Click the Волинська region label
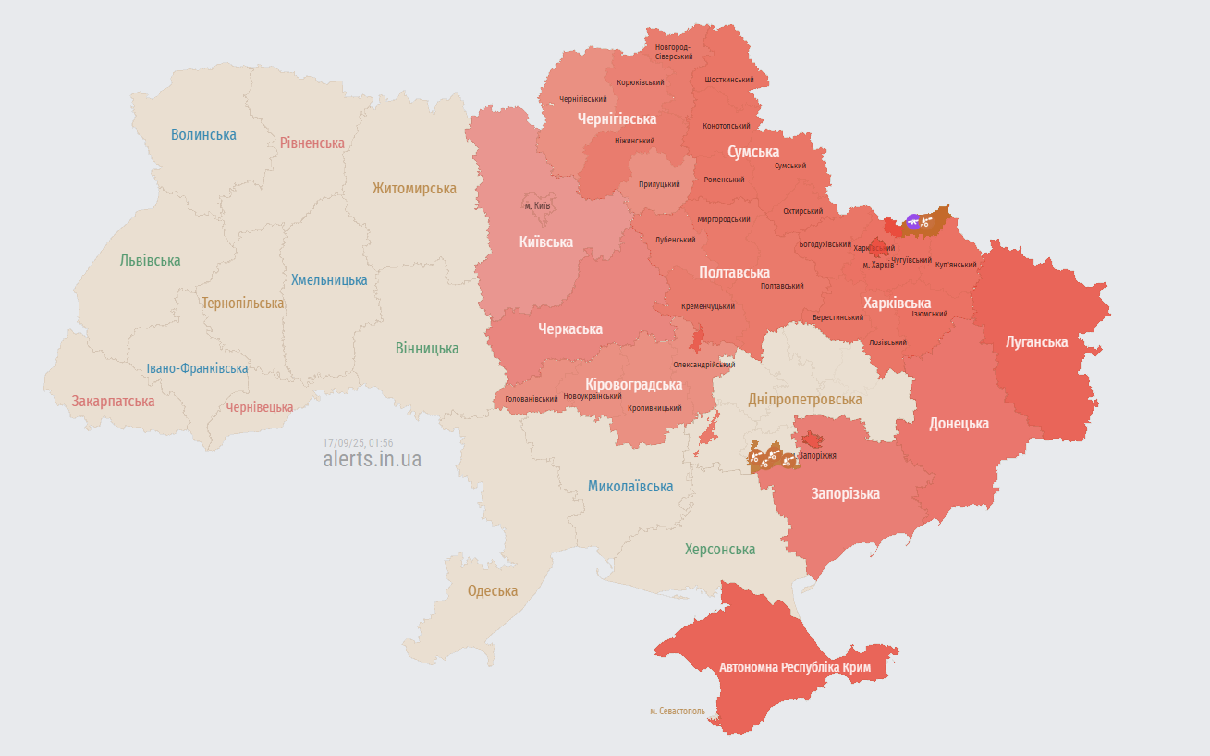tap(203, 134)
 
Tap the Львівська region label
tap(150, 261)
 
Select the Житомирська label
tap(414, 188)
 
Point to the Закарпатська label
tap(114, 402)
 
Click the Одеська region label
tap(492, 590)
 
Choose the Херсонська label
tap(719, 549)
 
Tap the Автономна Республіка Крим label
tap(795, 667)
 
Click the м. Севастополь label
tap(677, 712)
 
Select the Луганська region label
tap(1036, 341)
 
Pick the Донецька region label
tap(959, 423)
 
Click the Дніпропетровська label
tap(804, 399)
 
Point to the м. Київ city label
tap(537, 205)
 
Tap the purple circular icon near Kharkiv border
tap(913, 221)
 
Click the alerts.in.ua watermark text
tap(373, 459)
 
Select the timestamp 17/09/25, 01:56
tap(358, 442)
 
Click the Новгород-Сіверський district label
tap(673, 52)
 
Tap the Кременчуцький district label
tap(708, 306)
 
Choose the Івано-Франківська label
tap(197, 368)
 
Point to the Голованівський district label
tap(531, 399)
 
